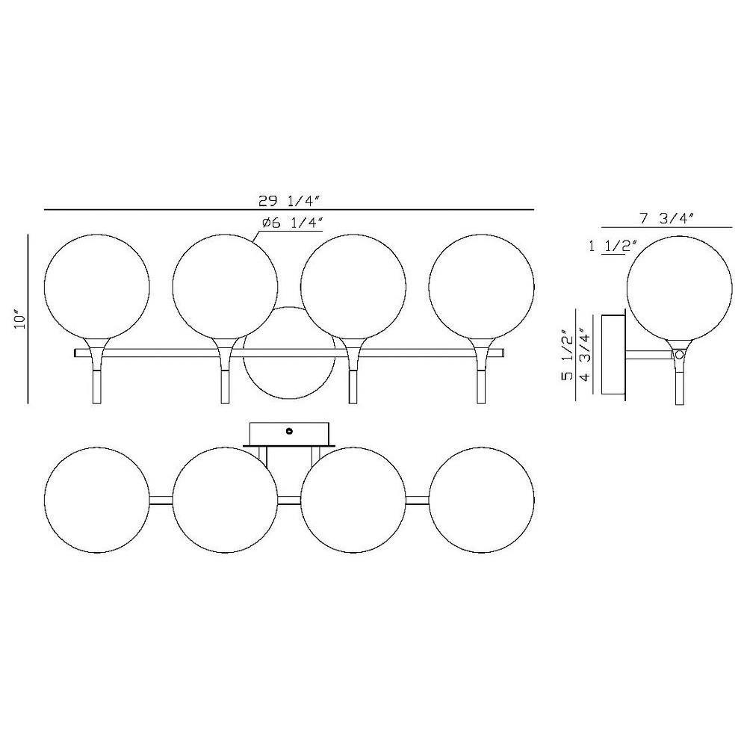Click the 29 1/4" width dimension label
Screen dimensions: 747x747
click(x=288, y=202)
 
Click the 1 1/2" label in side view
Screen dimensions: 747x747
click(x=613, y=247)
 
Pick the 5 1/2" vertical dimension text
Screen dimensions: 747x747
click(x=566, y=354)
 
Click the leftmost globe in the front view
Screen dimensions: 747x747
click(x=96, y=287)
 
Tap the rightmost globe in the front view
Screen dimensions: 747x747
click(x=481, y=287)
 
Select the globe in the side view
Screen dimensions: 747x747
click(x=679, y=287)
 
